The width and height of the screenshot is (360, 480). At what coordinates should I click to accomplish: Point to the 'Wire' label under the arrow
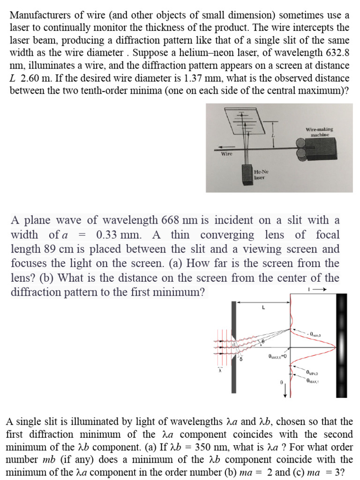click(x=227, y=153)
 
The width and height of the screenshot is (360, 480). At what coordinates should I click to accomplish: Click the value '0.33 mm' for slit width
click(x=117, y=234)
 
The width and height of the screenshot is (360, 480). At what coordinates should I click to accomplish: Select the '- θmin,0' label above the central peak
click(x=314, y=334)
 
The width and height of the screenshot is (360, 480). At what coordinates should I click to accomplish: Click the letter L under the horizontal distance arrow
click(x=263, y=308)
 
